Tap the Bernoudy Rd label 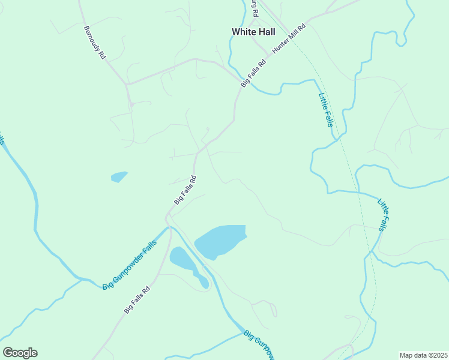[x=95, y=42]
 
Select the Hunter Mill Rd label [x=289, y=40]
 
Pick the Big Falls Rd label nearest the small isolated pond [x=185, y=190]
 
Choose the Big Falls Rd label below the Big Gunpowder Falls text [x=137, y=299]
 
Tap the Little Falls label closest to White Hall [x=325, y=110]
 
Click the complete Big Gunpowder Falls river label [x=129, y=265]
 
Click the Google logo [x=20, y=353]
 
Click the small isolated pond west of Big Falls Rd [x=119, y=176]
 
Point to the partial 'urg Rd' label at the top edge [x=255, y=8]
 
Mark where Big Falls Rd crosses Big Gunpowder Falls [x=169, y=227]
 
